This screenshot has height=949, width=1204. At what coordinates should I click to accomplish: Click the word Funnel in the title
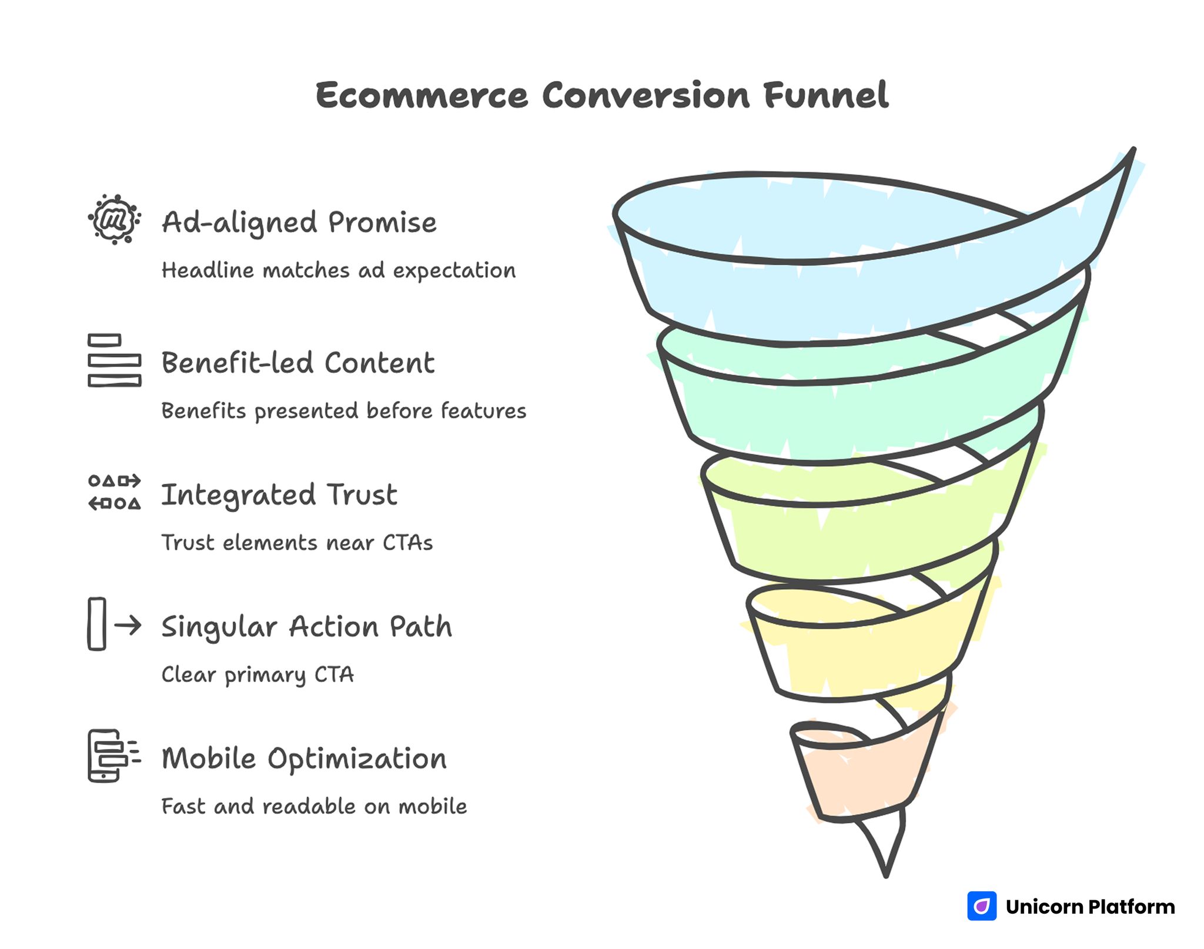tap(826, 95)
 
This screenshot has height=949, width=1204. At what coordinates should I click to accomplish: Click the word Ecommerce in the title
tap(422, 95)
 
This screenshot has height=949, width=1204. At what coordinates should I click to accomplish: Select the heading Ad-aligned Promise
tap(299, 222)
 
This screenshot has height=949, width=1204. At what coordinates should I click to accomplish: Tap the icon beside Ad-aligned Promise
tap(114, 219)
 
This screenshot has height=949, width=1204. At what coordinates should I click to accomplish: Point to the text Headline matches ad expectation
tap(338, 270)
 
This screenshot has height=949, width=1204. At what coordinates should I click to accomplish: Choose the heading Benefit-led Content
tap(297, 363)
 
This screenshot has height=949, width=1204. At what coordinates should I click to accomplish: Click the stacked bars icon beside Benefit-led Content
tap(114, 360)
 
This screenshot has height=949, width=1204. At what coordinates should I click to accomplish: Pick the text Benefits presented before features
tap(343, 411)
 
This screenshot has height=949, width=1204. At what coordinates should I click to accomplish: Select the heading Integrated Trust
tap(279, 494)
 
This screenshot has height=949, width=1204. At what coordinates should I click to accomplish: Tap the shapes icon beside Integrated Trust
tap(114, 492)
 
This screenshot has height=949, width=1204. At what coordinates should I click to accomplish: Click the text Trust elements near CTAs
tap(297, 543)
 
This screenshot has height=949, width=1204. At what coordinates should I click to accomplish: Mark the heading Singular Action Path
tap(306, 627)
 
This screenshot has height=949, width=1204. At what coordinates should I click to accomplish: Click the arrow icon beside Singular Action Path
tap(114, 624)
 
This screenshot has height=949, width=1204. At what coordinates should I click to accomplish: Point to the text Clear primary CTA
tap(257, 674)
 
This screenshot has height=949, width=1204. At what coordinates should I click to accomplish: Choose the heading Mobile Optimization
tap(304, 758)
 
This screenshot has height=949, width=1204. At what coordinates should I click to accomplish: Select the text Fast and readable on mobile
tap(314, 806)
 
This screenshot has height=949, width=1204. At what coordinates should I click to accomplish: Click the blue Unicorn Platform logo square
tap(982, 906)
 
